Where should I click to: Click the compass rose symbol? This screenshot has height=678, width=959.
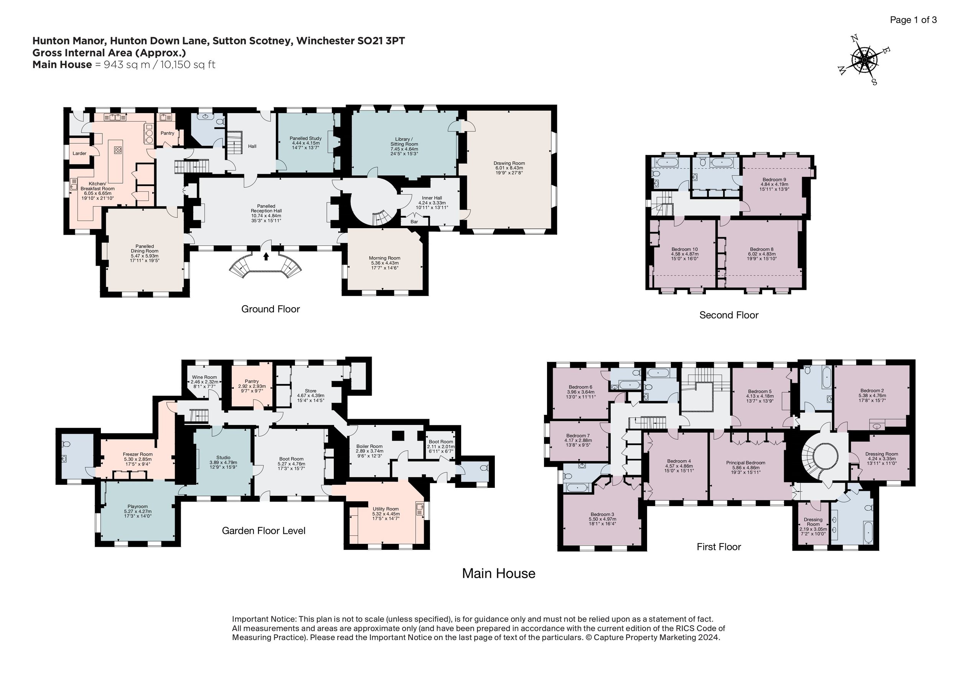pyautogui.click(x=864, y=61)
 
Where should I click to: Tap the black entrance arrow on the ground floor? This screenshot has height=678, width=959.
pyautogui.click(x=266, y=255)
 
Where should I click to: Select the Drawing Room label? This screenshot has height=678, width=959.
pyautogui.click(x=509, y=163)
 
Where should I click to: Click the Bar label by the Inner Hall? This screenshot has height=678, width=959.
pyautogui.click(x=414, y=222)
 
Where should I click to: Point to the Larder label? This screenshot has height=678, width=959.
pyautogui.click(x=79, y=153)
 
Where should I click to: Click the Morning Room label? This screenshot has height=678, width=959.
pyautogui.click(x=384, y=258)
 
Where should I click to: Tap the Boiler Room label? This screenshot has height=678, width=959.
pyautogui.click(x=369, y=446)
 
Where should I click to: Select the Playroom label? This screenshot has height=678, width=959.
pyautogui.click(x=137, y=507)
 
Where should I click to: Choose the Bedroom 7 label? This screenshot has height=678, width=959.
pyautogui.click(x=578, y=435)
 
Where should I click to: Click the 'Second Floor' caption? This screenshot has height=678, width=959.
pyautogui.click(x=729, y=315)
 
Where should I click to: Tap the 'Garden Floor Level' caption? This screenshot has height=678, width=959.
pyautogui.click(x=264, y=531)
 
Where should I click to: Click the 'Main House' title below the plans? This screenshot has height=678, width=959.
pyautogui.click(x=499, y=573)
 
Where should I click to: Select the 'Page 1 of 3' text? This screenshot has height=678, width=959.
pyautogui.click(x=913, y=20)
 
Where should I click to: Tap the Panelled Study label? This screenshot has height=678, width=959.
pyautogui.click(x=305, y=138)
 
